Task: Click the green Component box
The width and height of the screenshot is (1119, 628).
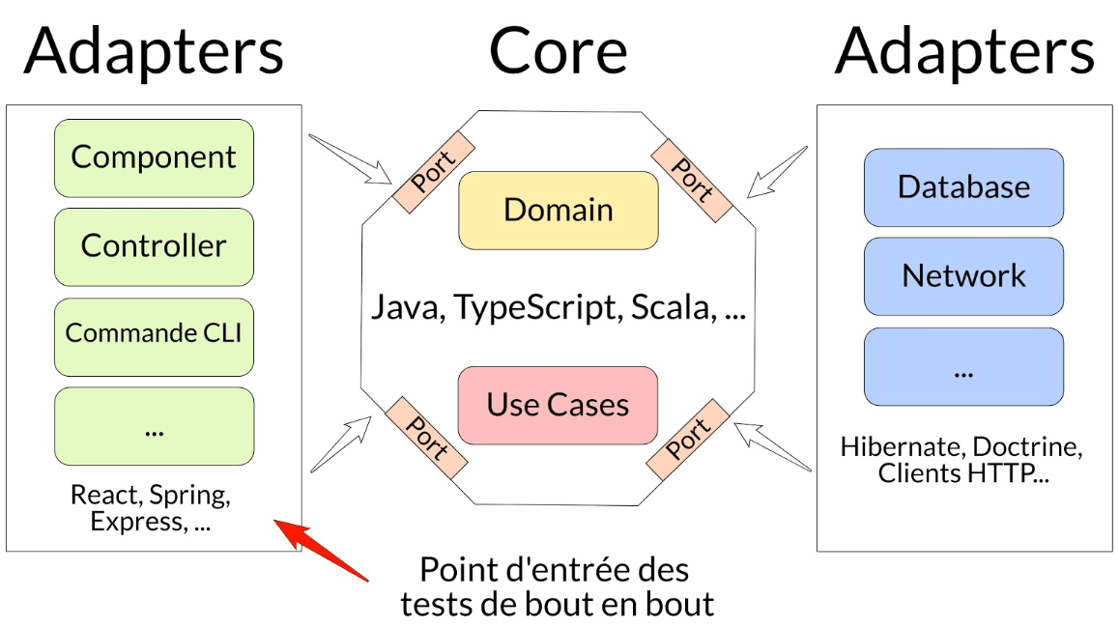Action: coord(154,157)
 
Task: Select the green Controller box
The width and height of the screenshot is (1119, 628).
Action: coord(154,246)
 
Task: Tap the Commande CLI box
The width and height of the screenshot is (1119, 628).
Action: coord(154,334)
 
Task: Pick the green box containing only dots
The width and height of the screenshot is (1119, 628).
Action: coord(154,426)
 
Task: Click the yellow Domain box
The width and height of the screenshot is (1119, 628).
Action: coord(558,211)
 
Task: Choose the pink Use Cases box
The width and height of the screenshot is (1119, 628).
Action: coord(558,405)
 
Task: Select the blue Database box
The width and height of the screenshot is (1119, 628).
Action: coord(963,187)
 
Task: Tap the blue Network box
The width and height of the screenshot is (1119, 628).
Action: coord(963,276)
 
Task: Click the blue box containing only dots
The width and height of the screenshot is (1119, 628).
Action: coord(963,367)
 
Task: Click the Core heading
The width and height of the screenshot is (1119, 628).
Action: coord(559,51)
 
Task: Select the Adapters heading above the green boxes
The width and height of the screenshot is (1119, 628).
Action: coord(155,51)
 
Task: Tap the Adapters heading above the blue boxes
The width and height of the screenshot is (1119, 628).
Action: coord(964,51)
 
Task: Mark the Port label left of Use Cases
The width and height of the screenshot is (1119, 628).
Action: coord(426,438)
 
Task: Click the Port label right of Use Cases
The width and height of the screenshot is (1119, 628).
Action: coord(687,438)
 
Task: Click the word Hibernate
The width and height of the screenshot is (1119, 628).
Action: coord(901,447)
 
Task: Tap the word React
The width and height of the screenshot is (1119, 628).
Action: coord(106,496)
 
